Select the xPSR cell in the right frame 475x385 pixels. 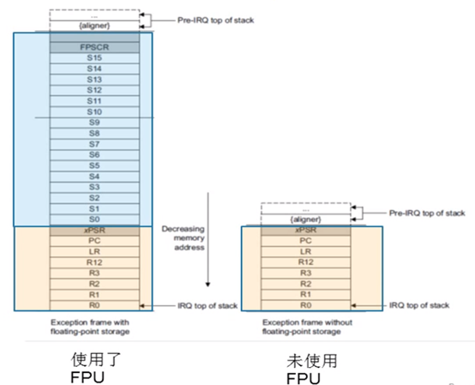point(305,231)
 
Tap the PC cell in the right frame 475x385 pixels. point(305,241)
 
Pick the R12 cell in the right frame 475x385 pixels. point(305,262)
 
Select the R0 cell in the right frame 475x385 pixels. point(305,305)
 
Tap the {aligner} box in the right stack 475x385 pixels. point(305,220)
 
